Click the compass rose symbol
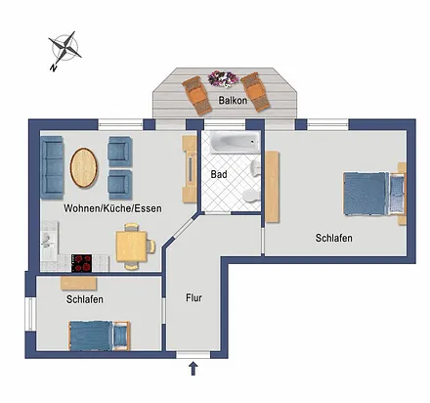pos(65,48)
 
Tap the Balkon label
pos(233,100)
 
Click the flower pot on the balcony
pos(223,78)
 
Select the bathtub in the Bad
pos(235,142)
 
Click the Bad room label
pos(219,174)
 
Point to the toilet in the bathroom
pos(251,196)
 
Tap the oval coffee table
pos(84,167)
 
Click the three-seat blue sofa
pos(52,167)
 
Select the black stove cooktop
pos(81,263)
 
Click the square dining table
pos(132,246)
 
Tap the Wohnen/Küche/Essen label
pos(112,208)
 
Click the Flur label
pos(193,297)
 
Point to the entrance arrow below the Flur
pos(193,368)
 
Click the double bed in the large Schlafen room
pos(374,194)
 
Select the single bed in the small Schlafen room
pos(100,336)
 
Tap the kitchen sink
pos(46,241)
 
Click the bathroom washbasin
pos(255,168)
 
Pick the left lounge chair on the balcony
pos(196,95)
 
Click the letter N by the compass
pos(54,67)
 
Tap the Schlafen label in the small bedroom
pos(85,299)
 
